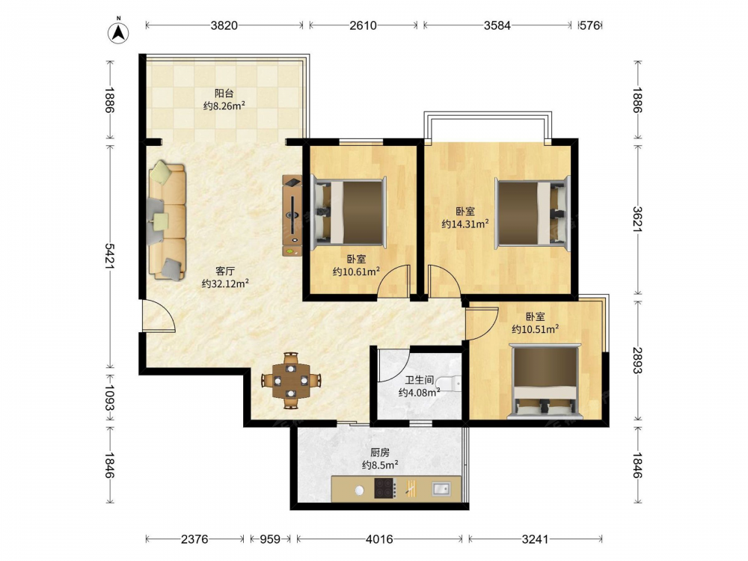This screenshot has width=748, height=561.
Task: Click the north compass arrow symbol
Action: [x=118, y=31]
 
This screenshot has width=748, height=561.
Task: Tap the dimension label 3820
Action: [x=224, y=25]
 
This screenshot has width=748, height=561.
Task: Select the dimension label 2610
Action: [x=363, y=25]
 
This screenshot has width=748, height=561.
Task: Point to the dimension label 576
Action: [x=589, y=25]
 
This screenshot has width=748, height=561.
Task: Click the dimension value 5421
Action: [x=110, y=256]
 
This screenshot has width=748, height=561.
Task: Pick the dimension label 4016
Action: [x=379, y=539]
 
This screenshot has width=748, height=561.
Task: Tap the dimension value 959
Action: [x=270, y=539]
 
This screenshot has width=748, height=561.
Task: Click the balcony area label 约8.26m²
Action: [x=224, y=105]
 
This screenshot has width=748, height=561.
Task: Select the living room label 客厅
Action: [x=224, y=271]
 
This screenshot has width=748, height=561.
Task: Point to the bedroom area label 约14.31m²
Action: [x=465, y=223]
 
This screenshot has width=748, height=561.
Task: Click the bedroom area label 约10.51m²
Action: [x=536, y=328]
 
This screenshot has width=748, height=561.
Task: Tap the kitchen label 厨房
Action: [x=380, y=453]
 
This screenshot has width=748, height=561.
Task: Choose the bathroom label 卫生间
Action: [x=420, y=380]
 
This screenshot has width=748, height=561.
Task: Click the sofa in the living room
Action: [x=167, y=220]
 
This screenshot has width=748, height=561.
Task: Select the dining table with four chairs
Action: [x=290, y=381]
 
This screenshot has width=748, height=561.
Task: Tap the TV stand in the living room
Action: [x=292, y=215]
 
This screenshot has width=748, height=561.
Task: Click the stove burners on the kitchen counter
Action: [x=384, y=488]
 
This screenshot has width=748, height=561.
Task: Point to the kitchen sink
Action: [x=441, y=488]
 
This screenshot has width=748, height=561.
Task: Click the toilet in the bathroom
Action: [x=449, y=383]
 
